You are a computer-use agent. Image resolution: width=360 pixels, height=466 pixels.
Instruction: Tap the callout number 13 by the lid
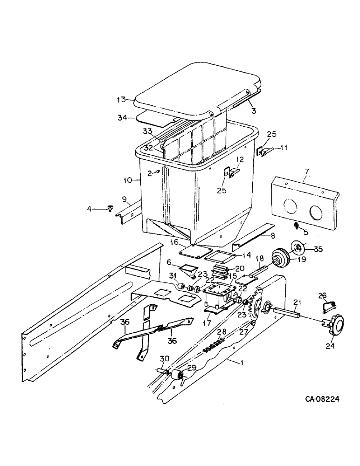pyautogui.click(x=121, y=100)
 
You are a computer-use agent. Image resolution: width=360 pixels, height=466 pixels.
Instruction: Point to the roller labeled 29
pyautogui.click(x=178, y=376)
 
